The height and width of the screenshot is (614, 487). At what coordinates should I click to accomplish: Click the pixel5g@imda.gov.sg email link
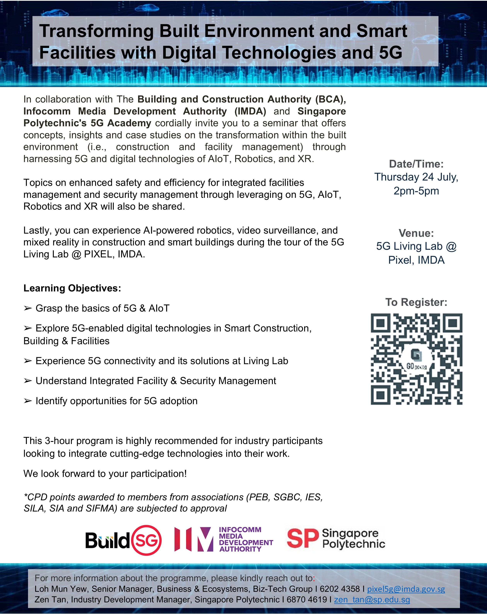tap(406, 589)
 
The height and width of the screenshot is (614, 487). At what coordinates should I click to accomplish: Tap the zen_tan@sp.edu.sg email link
tap(372, 599)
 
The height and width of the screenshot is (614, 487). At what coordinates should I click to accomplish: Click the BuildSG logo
tap(123, 540)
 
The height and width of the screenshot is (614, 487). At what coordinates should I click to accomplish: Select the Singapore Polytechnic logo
tap(336, 539)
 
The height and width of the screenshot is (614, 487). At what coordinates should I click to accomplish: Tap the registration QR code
tap(416, 359)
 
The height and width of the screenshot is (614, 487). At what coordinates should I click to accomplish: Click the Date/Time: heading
tap(416, 164)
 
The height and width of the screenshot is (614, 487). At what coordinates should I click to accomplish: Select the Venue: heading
tap(416, 233)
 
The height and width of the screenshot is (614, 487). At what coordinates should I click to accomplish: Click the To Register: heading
tap(416, 302)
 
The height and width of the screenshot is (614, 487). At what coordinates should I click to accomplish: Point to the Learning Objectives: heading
tap(72, 288)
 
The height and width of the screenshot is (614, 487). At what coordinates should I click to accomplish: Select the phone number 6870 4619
tap(307, 599)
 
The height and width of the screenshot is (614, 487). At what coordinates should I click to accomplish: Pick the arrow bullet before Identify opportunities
tap(28, 401)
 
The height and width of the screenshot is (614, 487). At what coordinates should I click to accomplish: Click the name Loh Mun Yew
tap(60, 589)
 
